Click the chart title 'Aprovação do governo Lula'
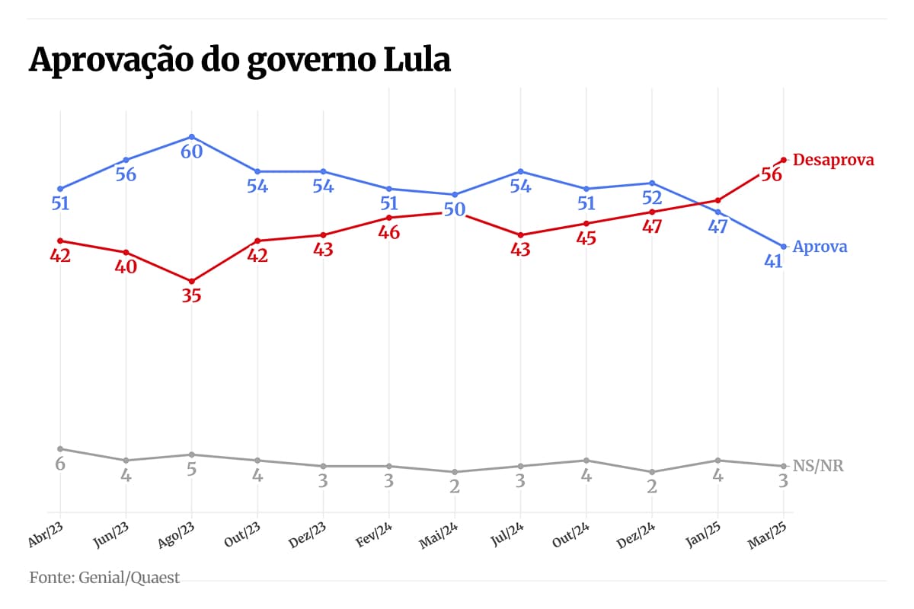(x=240, y=60)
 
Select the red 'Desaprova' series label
(x=833, y=160)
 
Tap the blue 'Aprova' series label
(x=820, y=247)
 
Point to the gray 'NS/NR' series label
(x=818, y=466)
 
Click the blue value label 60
(x=191, y=151)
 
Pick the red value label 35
(x=191, y=296)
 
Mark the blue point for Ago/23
(x=191, y=137)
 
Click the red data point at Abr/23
(x=59, y=241)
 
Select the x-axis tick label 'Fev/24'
(x=375, y=534)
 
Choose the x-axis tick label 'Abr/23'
(x=45, y=534)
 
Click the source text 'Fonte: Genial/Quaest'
(x=105, y=578)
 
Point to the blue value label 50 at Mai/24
(x=455, y=209)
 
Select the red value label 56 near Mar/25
(x=771, y=174)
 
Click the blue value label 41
(x=774, y=261)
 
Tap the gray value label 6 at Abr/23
(x=59, y=464)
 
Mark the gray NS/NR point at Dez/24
(x=652, y=472)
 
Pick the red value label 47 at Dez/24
(x=652, y=226)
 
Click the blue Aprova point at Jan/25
(x=717, y=212)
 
